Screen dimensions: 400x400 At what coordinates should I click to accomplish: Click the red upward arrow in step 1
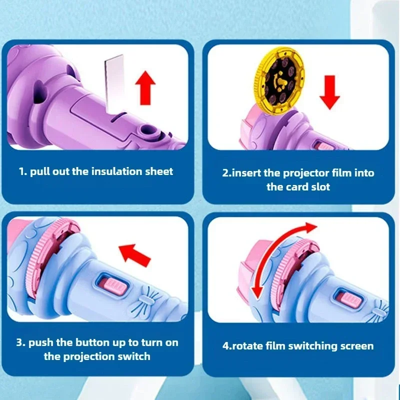click(145, 87)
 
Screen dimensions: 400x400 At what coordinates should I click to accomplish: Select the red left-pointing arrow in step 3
click(135, 253)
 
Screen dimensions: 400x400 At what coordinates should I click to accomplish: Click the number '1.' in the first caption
click(23, 171)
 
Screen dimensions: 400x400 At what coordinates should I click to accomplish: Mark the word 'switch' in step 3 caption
click(134, 356)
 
